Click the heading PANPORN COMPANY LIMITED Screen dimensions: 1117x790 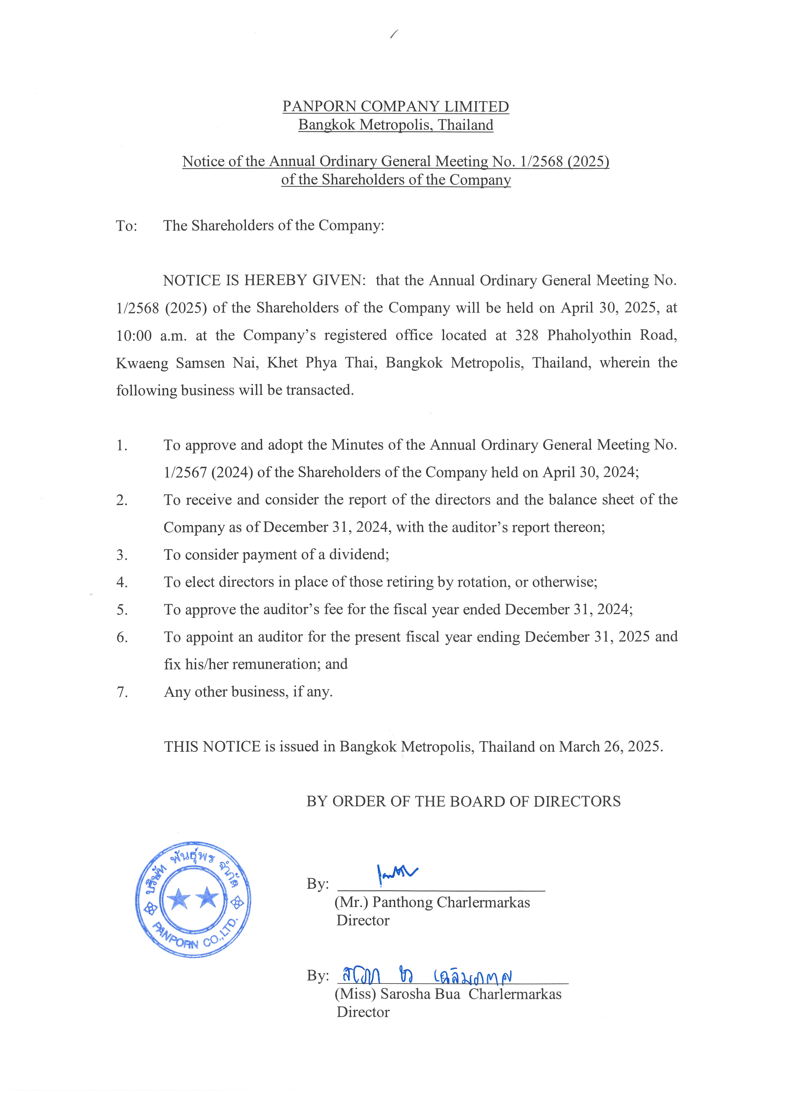pos(395,106)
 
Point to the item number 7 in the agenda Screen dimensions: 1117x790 pos(122,692)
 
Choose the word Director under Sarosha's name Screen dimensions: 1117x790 pos(363,1012)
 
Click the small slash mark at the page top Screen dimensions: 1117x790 pos(394,34)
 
